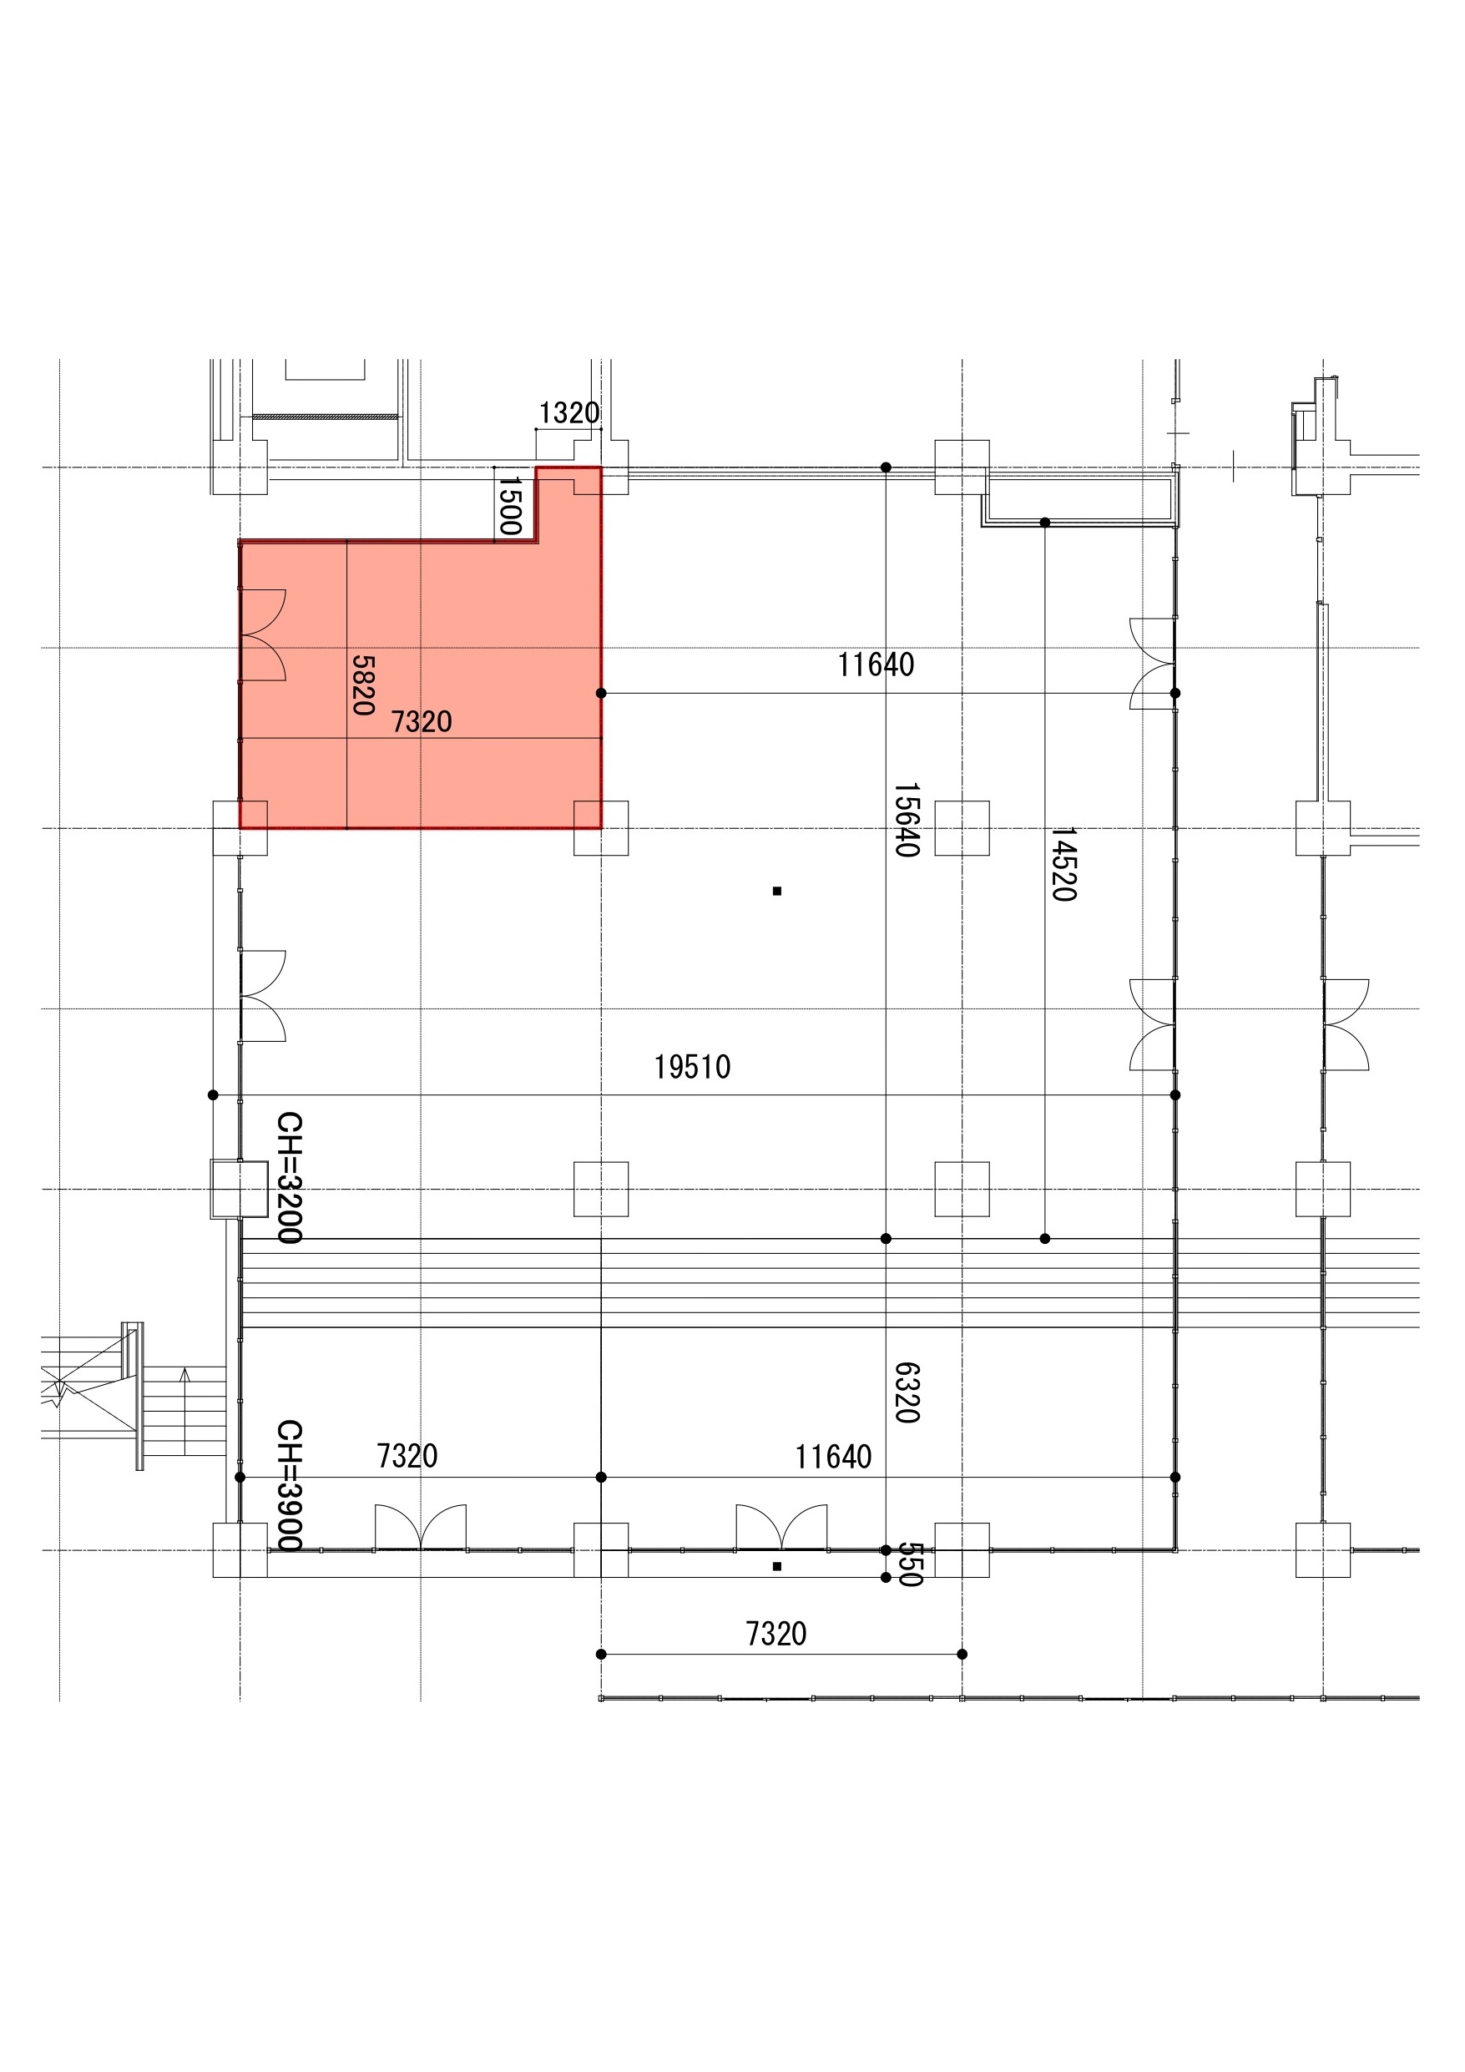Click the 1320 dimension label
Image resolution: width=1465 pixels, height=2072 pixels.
[568, 413]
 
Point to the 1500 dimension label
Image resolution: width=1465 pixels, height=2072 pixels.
[510, 505]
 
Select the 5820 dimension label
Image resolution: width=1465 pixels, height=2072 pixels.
[363, 685]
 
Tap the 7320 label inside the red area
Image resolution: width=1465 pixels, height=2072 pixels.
[422, 722]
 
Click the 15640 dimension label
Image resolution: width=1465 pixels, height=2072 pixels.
[907, 820]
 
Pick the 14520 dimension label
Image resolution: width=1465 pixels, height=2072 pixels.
[1064, 864]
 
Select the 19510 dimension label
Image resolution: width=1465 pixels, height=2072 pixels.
[692, 1068]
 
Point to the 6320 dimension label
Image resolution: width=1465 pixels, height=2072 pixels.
[907, 1392]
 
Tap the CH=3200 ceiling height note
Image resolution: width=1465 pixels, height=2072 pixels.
[289, 1178]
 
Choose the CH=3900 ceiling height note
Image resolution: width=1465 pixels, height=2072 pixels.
[289, 1485]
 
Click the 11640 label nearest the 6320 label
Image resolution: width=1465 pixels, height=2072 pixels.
[833, 1458]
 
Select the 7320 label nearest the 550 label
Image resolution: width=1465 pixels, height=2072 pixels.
[776, 1635]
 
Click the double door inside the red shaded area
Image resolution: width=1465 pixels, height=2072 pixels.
[263, 634]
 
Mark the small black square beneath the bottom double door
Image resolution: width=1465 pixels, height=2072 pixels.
[777, 1567]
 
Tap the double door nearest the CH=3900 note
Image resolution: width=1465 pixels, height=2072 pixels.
[421, 1526]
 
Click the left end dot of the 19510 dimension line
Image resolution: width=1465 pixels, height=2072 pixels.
[213, 1094]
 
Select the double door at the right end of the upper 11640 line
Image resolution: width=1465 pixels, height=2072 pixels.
[1153, 664]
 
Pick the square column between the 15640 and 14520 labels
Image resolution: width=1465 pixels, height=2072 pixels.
[962, 827]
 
